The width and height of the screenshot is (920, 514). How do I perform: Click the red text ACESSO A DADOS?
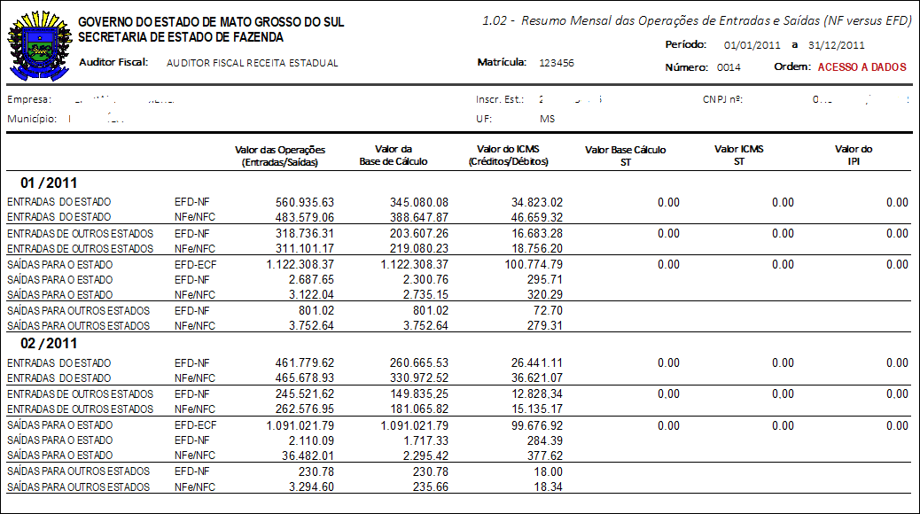(862, 67)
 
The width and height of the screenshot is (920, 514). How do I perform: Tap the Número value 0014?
(729, 67)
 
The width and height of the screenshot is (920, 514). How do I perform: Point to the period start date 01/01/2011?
(752, 44)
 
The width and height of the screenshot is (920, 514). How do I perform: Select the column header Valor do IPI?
(854, 155)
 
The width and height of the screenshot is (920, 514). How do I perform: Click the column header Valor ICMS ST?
(738, 155)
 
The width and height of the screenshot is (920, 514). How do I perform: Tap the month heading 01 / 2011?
(49, 183)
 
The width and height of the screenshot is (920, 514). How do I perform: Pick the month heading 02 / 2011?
(49, 343)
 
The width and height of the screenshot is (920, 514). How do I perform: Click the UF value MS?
(547, 119)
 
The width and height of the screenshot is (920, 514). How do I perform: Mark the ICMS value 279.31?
(544, 326)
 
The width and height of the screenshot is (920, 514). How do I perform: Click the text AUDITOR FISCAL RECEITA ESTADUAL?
(253, 63)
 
